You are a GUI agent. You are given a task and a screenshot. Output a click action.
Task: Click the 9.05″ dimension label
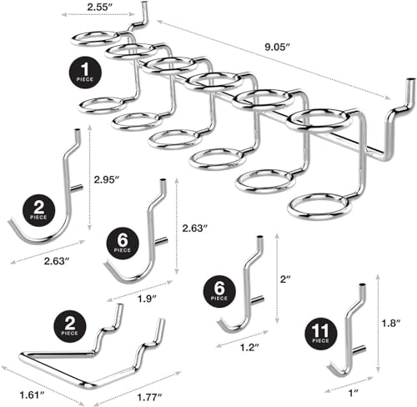click(277, 47)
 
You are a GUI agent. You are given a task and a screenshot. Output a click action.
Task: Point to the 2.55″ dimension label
click(100, 7)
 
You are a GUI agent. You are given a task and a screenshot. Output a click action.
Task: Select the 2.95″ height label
click(107, 179)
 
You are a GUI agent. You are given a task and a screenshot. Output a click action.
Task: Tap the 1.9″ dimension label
click(148, 299)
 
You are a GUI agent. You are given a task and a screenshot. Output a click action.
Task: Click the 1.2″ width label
click(249, 347)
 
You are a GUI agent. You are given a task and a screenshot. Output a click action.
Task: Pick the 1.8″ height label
click(390, 323)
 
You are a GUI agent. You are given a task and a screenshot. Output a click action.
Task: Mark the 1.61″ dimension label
click(32, 394)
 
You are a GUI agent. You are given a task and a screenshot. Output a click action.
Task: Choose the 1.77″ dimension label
click(149, 397)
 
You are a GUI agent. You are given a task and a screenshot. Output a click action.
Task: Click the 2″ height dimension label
click(285, 279)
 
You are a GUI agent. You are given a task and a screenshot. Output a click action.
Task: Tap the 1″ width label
click(354, 393)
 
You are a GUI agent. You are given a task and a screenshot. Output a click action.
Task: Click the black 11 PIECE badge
click(321, 334)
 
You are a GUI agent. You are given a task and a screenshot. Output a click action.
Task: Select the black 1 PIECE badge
click(85, 73)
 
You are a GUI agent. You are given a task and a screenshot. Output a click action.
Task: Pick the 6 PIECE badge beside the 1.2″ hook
click(219, 291)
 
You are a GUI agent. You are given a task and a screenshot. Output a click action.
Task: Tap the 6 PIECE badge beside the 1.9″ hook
click(123, 244)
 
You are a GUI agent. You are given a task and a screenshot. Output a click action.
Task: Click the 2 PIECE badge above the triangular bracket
click(69, 326)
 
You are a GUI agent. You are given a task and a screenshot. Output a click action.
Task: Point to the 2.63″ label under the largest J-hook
click(57, 261)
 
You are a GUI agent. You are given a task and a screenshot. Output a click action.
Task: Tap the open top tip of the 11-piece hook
click(363, 285)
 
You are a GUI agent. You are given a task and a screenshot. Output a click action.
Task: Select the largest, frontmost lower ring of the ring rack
click(319, 208)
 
